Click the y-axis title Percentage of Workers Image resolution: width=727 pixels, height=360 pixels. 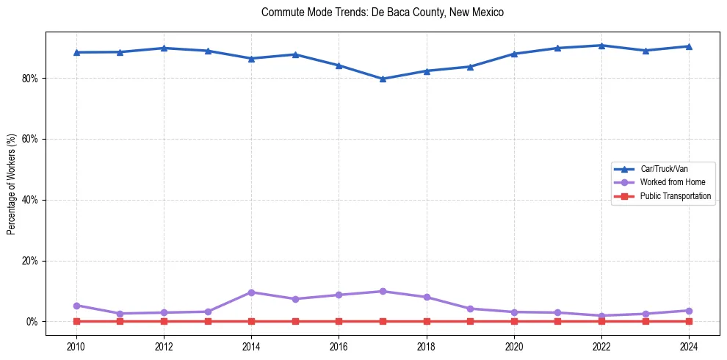point(12,184)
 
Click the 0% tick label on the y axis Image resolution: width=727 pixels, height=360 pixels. point(32,322)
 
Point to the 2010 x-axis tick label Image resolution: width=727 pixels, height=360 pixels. point(76,345)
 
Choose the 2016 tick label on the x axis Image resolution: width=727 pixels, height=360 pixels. point(339,345)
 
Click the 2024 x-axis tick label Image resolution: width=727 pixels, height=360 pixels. point(689,345)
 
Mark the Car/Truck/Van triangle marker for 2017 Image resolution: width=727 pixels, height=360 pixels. point(383,79)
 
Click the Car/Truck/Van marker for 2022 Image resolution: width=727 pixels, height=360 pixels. point(601,46)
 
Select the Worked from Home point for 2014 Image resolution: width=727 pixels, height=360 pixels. point(251,292)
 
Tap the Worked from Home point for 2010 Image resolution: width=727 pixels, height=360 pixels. point(76,306)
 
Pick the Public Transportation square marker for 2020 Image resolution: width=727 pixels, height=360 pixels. point(514,321)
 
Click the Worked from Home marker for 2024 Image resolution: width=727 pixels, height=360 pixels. point(689,311)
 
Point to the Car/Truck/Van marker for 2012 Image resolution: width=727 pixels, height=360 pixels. point(164,48)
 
